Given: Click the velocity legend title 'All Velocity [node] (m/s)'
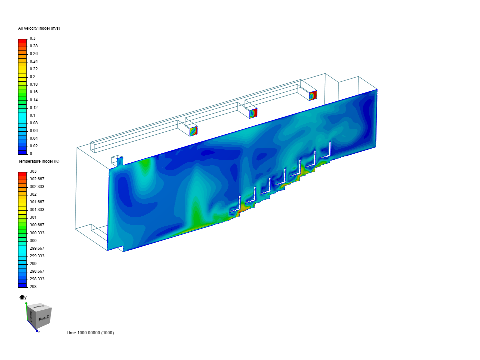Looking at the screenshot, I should coord(39,28).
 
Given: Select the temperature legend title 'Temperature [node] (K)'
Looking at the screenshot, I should coord(39,161).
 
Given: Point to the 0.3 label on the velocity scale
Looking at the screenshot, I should coord(32,38).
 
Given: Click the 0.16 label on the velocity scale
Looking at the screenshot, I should coord(34,92).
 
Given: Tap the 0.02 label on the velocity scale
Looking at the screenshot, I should coord(34,146).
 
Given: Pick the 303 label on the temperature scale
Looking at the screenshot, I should coord(33,171).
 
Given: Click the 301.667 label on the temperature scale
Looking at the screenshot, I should coord(37,202).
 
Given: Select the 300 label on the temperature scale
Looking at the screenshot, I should coord(33,241).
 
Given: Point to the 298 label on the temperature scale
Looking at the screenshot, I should coord(33,287).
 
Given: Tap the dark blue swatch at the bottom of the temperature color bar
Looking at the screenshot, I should coord(22,285).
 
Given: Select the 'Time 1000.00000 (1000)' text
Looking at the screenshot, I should coord(90,333).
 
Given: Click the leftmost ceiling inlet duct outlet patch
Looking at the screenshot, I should coord(194,131).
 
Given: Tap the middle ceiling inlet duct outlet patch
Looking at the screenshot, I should coord(253,113).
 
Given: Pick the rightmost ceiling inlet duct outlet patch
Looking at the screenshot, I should coord(313,96).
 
